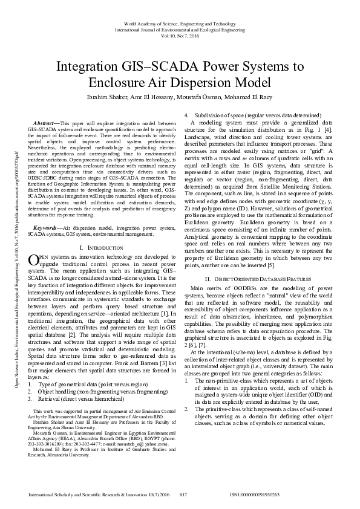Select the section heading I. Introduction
pos(99,231)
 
